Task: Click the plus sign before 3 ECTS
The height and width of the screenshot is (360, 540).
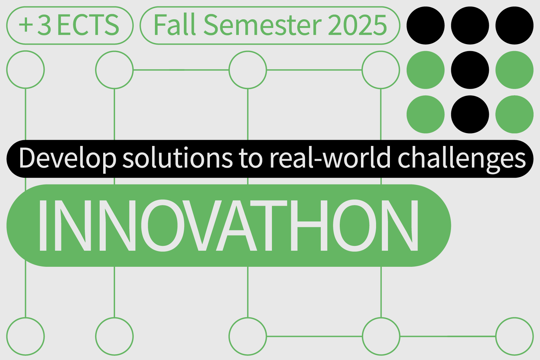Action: (26, 25)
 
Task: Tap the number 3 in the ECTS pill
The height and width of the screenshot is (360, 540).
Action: (44, 25)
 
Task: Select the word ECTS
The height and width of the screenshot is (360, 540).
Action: (88, 25)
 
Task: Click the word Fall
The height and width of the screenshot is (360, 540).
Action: (175, 24)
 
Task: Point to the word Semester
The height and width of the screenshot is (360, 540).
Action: (263, 25)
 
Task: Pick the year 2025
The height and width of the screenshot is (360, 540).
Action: (357, 25)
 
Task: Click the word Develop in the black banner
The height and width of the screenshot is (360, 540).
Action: (67, 159)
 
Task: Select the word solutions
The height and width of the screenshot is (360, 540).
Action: (177, 157)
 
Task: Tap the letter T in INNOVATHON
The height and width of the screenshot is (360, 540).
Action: (269, 225)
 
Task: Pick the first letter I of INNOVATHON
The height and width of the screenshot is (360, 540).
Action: (43, 225)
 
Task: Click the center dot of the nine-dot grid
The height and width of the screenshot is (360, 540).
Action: (470, 70)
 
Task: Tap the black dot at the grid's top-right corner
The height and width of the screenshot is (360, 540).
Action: (514, 25)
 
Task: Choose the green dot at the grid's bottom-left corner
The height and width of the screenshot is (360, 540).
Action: (426, 114)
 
